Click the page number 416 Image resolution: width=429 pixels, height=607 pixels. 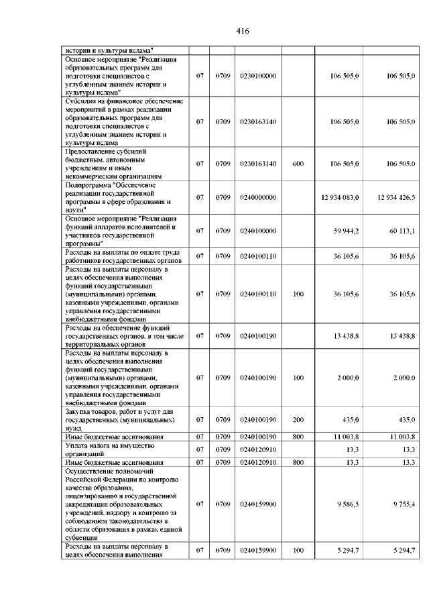pos(243,31)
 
